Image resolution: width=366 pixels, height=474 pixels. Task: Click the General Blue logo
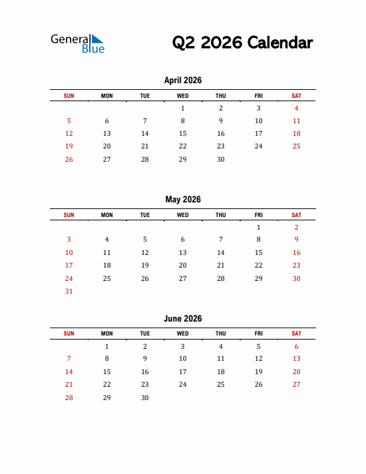point(77,43)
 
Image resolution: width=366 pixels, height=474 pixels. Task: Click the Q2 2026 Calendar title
point(242,43)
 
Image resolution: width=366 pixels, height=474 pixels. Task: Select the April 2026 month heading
point(182,81)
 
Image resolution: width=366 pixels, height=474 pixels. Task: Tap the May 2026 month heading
point(182,200)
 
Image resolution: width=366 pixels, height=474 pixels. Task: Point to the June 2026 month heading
point(182,319)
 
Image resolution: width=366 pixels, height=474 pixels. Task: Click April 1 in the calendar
point(183,108)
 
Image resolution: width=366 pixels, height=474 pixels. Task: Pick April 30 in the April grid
point(221,159)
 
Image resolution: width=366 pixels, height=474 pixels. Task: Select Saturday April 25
point(297,146)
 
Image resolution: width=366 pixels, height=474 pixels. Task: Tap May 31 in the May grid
point(69,291)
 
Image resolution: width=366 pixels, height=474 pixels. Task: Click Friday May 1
point(259,227)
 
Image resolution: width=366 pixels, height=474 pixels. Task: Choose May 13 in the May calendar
point(183,253)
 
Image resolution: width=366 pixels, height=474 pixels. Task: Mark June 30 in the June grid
point(145,397)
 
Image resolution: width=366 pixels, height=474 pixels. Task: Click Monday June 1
point(107,346)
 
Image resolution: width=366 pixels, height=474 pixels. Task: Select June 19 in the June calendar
point(259,372)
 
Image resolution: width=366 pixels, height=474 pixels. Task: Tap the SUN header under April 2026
point(69,96)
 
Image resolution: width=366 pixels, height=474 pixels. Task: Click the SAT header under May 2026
point(297,215)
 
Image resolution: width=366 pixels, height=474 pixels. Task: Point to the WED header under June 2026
point(183,334)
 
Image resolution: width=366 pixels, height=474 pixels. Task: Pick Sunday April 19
point(69,146)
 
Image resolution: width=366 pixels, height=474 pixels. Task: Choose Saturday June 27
point(297,385)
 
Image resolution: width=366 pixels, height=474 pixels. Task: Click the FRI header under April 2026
point(259,96)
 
